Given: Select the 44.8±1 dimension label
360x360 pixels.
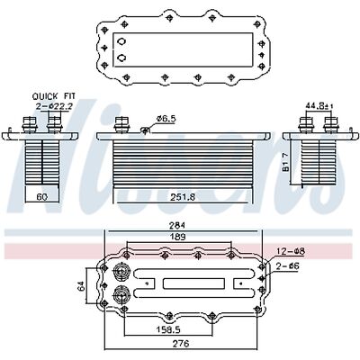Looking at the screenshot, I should click(316, 106).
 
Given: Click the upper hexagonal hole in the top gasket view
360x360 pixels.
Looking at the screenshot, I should click(121, 42).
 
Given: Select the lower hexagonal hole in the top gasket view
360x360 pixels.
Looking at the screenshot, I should click(121, 59).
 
